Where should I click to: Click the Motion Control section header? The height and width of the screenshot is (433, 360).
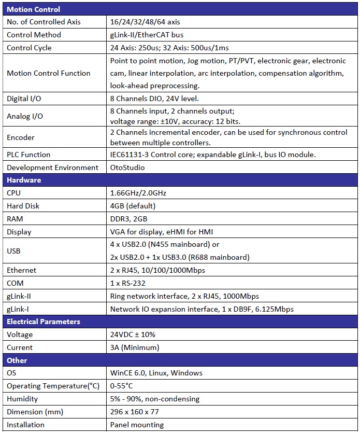(x=33, y=9)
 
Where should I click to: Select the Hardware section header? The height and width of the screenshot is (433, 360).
(x=24, y=180)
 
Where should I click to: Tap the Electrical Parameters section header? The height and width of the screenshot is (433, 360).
(x=44, y=322)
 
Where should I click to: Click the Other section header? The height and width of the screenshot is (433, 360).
(x=17, y=360)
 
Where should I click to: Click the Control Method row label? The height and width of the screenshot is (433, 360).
(x=34, y=35)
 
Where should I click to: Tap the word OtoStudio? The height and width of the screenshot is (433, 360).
(x=127, y=167)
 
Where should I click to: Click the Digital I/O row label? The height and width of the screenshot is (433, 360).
(x=24, y=99)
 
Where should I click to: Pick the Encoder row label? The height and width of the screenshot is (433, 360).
(x=21, y=137)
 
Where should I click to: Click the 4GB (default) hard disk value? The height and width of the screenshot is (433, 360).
(x=133, y=206)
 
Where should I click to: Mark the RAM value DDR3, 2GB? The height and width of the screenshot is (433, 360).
(x=129, y=219)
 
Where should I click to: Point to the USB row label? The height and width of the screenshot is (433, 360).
(x=15, y=251)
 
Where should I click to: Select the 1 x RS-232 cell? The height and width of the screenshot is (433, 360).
(x=129, y=283)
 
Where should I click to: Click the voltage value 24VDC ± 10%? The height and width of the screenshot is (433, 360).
(x=133, y=334)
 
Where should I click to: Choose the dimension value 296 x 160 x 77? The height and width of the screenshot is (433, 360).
(x=135, y=412)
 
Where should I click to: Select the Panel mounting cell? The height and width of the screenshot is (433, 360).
(x=137, y=425)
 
